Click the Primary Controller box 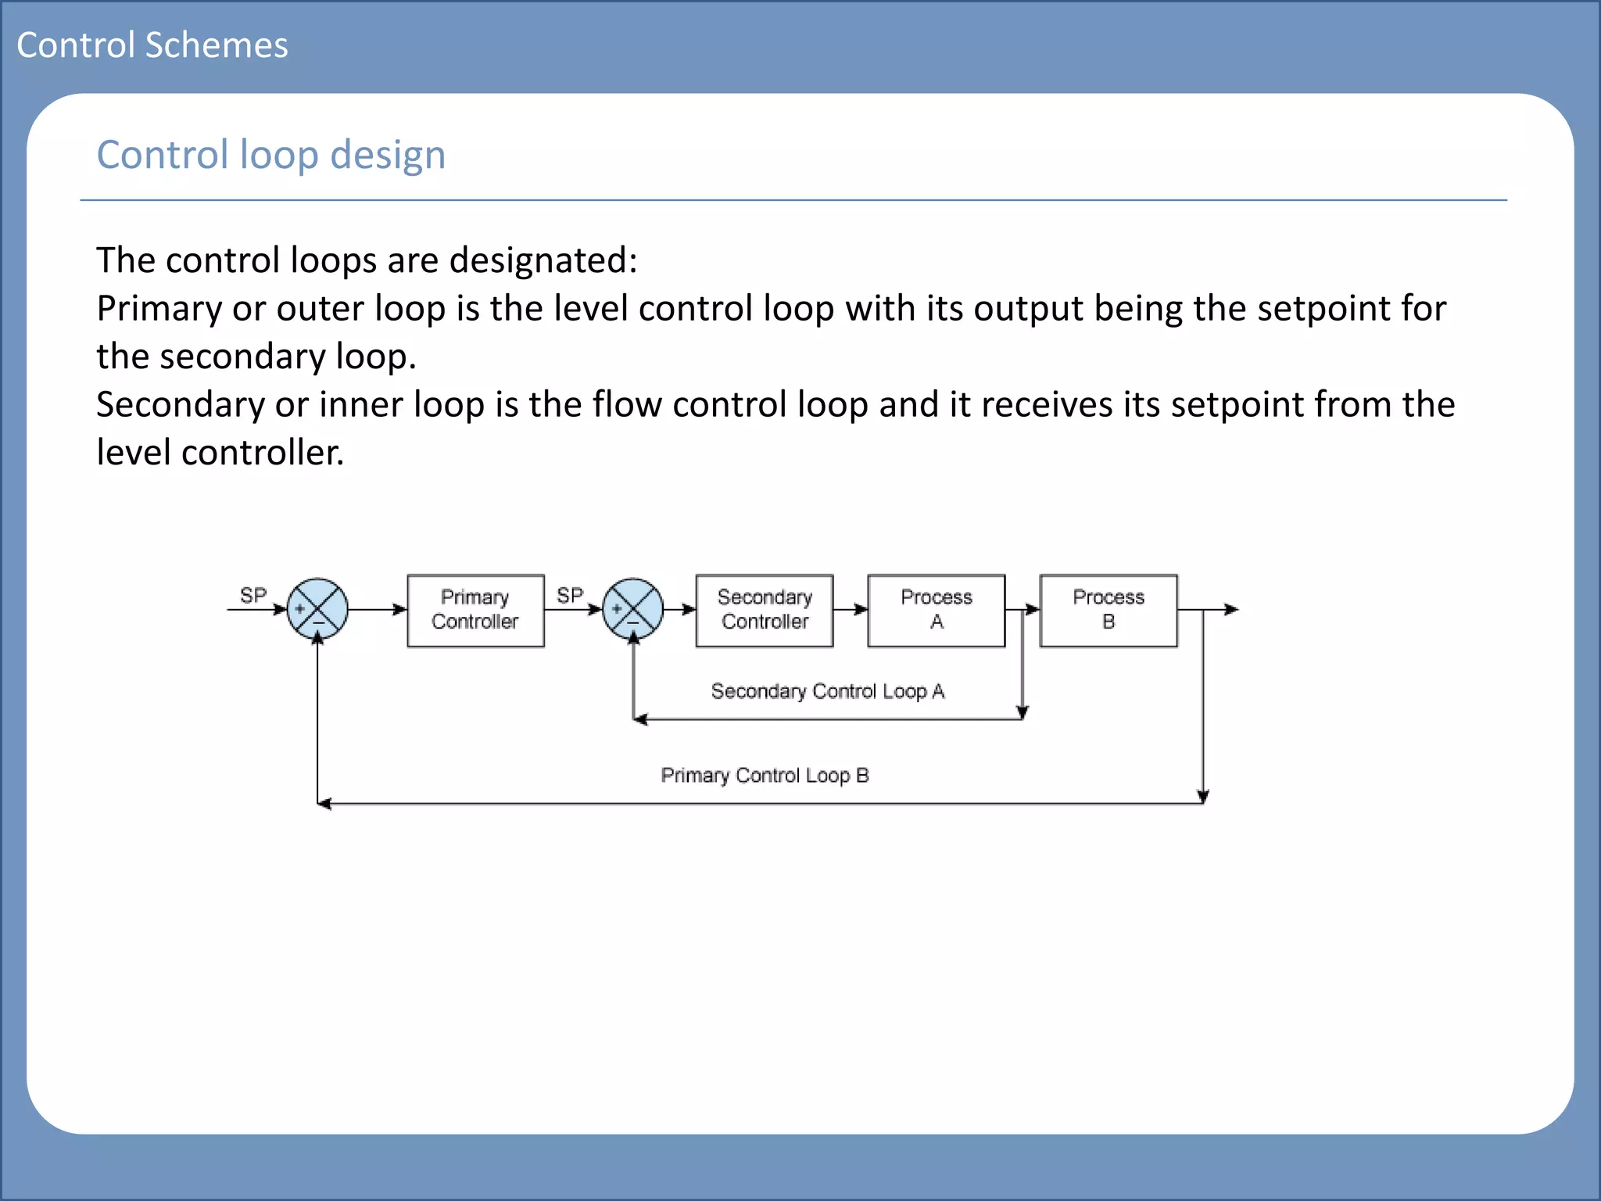coord(475,610)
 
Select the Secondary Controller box coord(764,610)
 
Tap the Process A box coord(936,610)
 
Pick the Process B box coord(1108,610)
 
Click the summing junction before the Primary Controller coord(317,608)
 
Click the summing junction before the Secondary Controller coord(632,608)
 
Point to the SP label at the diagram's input coord(253,595)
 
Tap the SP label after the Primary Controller coord(569,595)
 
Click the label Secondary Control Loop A coord(827,691)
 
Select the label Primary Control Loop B coord(765,775)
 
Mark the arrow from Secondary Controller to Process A coord(851,609)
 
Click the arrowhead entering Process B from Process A coord(1033,609)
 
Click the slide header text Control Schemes coord(152,45)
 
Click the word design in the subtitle coord(388,155)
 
